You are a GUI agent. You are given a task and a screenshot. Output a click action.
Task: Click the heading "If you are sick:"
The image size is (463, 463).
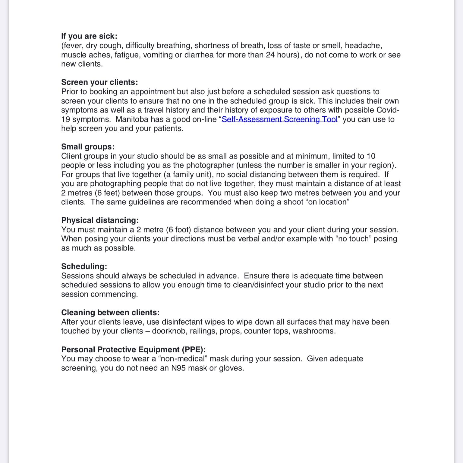[x=89, y=36]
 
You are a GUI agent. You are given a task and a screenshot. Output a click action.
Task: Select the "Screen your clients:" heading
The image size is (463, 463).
[x=99, y=82]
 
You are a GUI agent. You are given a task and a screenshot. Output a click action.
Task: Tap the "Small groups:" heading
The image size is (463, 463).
[x=88, y=147]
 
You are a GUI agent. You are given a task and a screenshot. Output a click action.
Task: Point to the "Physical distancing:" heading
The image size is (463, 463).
[x=100, y=220]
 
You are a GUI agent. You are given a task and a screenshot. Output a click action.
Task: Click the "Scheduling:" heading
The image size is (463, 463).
[x=84, y=266]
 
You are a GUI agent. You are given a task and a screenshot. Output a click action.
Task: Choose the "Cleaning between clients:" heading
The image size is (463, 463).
[x=110, y=313]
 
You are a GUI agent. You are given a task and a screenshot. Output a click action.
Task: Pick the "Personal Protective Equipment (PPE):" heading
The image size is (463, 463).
[x=134, y=350]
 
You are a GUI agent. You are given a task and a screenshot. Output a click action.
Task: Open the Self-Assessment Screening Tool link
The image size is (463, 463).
[x=279, y=119]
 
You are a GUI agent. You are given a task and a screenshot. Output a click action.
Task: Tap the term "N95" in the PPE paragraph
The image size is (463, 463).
[x=178, y=368]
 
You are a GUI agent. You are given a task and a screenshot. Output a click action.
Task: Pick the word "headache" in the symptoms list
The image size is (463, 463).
[x=363, y=46]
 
